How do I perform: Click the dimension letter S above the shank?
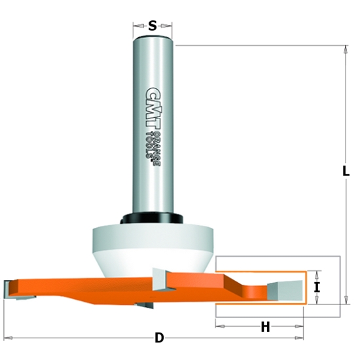point(153,27)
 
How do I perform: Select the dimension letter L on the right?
point(345,171)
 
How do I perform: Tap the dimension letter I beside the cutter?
point(316,287)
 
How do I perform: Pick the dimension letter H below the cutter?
point(265,327)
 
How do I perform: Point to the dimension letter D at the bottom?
point(159,338)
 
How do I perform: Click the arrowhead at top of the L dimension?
point(345,48)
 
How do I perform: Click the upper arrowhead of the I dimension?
point(316,274)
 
